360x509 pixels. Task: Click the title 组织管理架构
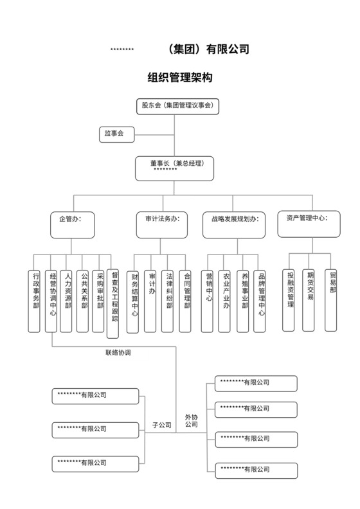tap(180, 78)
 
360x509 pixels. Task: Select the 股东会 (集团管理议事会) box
tap(178, 106)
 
